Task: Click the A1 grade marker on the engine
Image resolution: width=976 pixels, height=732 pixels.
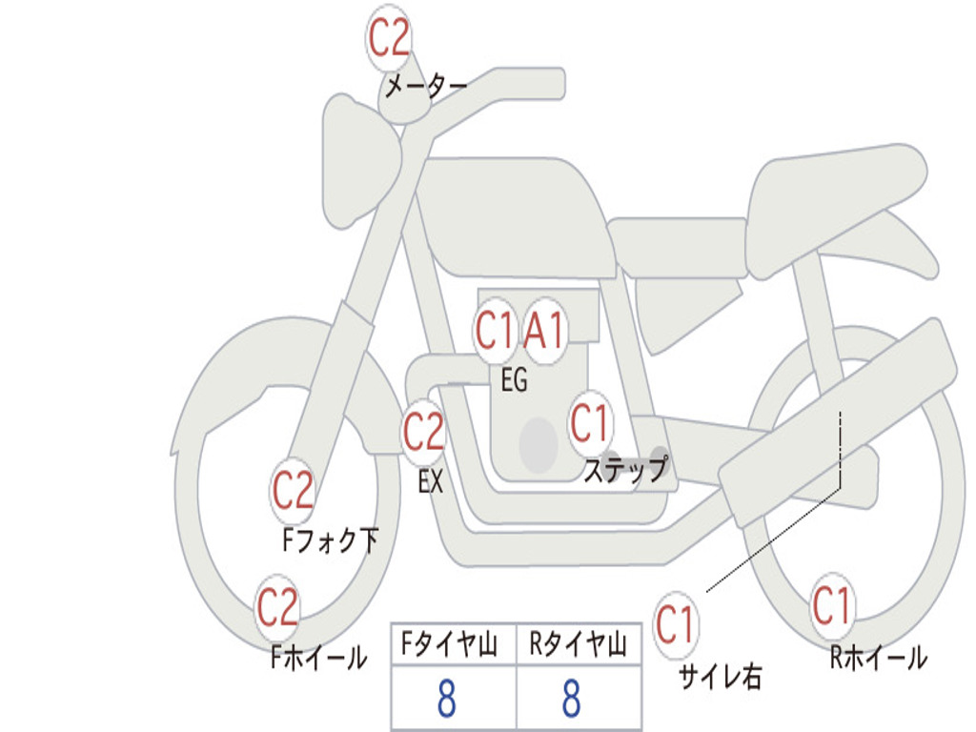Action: pos(545,333)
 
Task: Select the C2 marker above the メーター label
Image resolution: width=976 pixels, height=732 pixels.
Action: pos(389,38)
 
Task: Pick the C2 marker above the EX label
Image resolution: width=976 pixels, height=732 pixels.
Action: pos(423,434)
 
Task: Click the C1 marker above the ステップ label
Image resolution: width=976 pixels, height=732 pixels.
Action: pos(590,422)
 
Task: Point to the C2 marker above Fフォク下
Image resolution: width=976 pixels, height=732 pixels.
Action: pos(293,491)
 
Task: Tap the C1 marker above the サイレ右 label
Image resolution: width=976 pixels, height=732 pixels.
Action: pos(676,626)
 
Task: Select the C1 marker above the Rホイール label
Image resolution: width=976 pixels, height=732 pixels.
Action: pos(831,605)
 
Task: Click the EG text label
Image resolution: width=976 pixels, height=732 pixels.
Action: pos(514,381)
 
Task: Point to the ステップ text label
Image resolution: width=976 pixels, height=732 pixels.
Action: pos(625,470)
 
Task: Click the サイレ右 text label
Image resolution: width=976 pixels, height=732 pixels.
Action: pos(720,677)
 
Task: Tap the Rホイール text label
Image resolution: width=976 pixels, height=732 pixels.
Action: pos(878,658)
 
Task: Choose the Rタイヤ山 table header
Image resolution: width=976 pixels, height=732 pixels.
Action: pos(578,646)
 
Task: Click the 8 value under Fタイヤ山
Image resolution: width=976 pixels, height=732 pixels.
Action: pos(445,700)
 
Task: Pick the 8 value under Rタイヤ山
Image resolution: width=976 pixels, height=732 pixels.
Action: pos(570,700)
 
